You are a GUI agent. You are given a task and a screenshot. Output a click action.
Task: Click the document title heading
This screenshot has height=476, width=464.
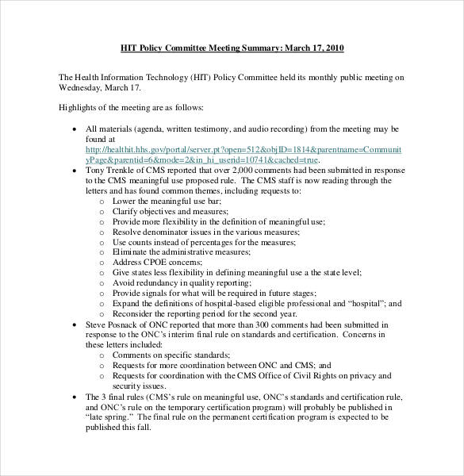pos(232,48)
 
